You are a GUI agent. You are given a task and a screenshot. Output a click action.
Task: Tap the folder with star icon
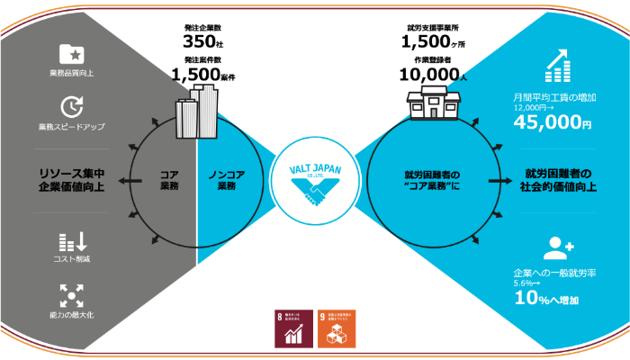(x=71, y=54)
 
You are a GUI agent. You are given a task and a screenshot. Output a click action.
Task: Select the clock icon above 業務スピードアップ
(x=71, y=107)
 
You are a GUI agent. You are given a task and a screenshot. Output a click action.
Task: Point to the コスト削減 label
(x=71, y=259)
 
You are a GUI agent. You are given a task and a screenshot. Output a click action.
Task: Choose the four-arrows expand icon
(x=71, y=294)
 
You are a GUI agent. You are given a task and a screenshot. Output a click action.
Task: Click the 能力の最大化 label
(x=71, y=315)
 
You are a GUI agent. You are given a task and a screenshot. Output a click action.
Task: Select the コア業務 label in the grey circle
(x=168, y=180)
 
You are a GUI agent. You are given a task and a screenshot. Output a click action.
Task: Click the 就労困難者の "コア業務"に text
(x=432, y=180)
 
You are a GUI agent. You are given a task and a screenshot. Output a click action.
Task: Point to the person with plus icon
(x=558, y=247)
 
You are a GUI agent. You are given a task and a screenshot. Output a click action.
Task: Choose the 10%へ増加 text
(x=546, y=299)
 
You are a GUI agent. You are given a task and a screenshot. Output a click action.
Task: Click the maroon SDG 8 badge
(x=292, y=328)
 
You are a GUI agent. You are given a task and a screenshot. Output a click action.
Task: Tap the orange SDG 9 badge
(x=337, y=328)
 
